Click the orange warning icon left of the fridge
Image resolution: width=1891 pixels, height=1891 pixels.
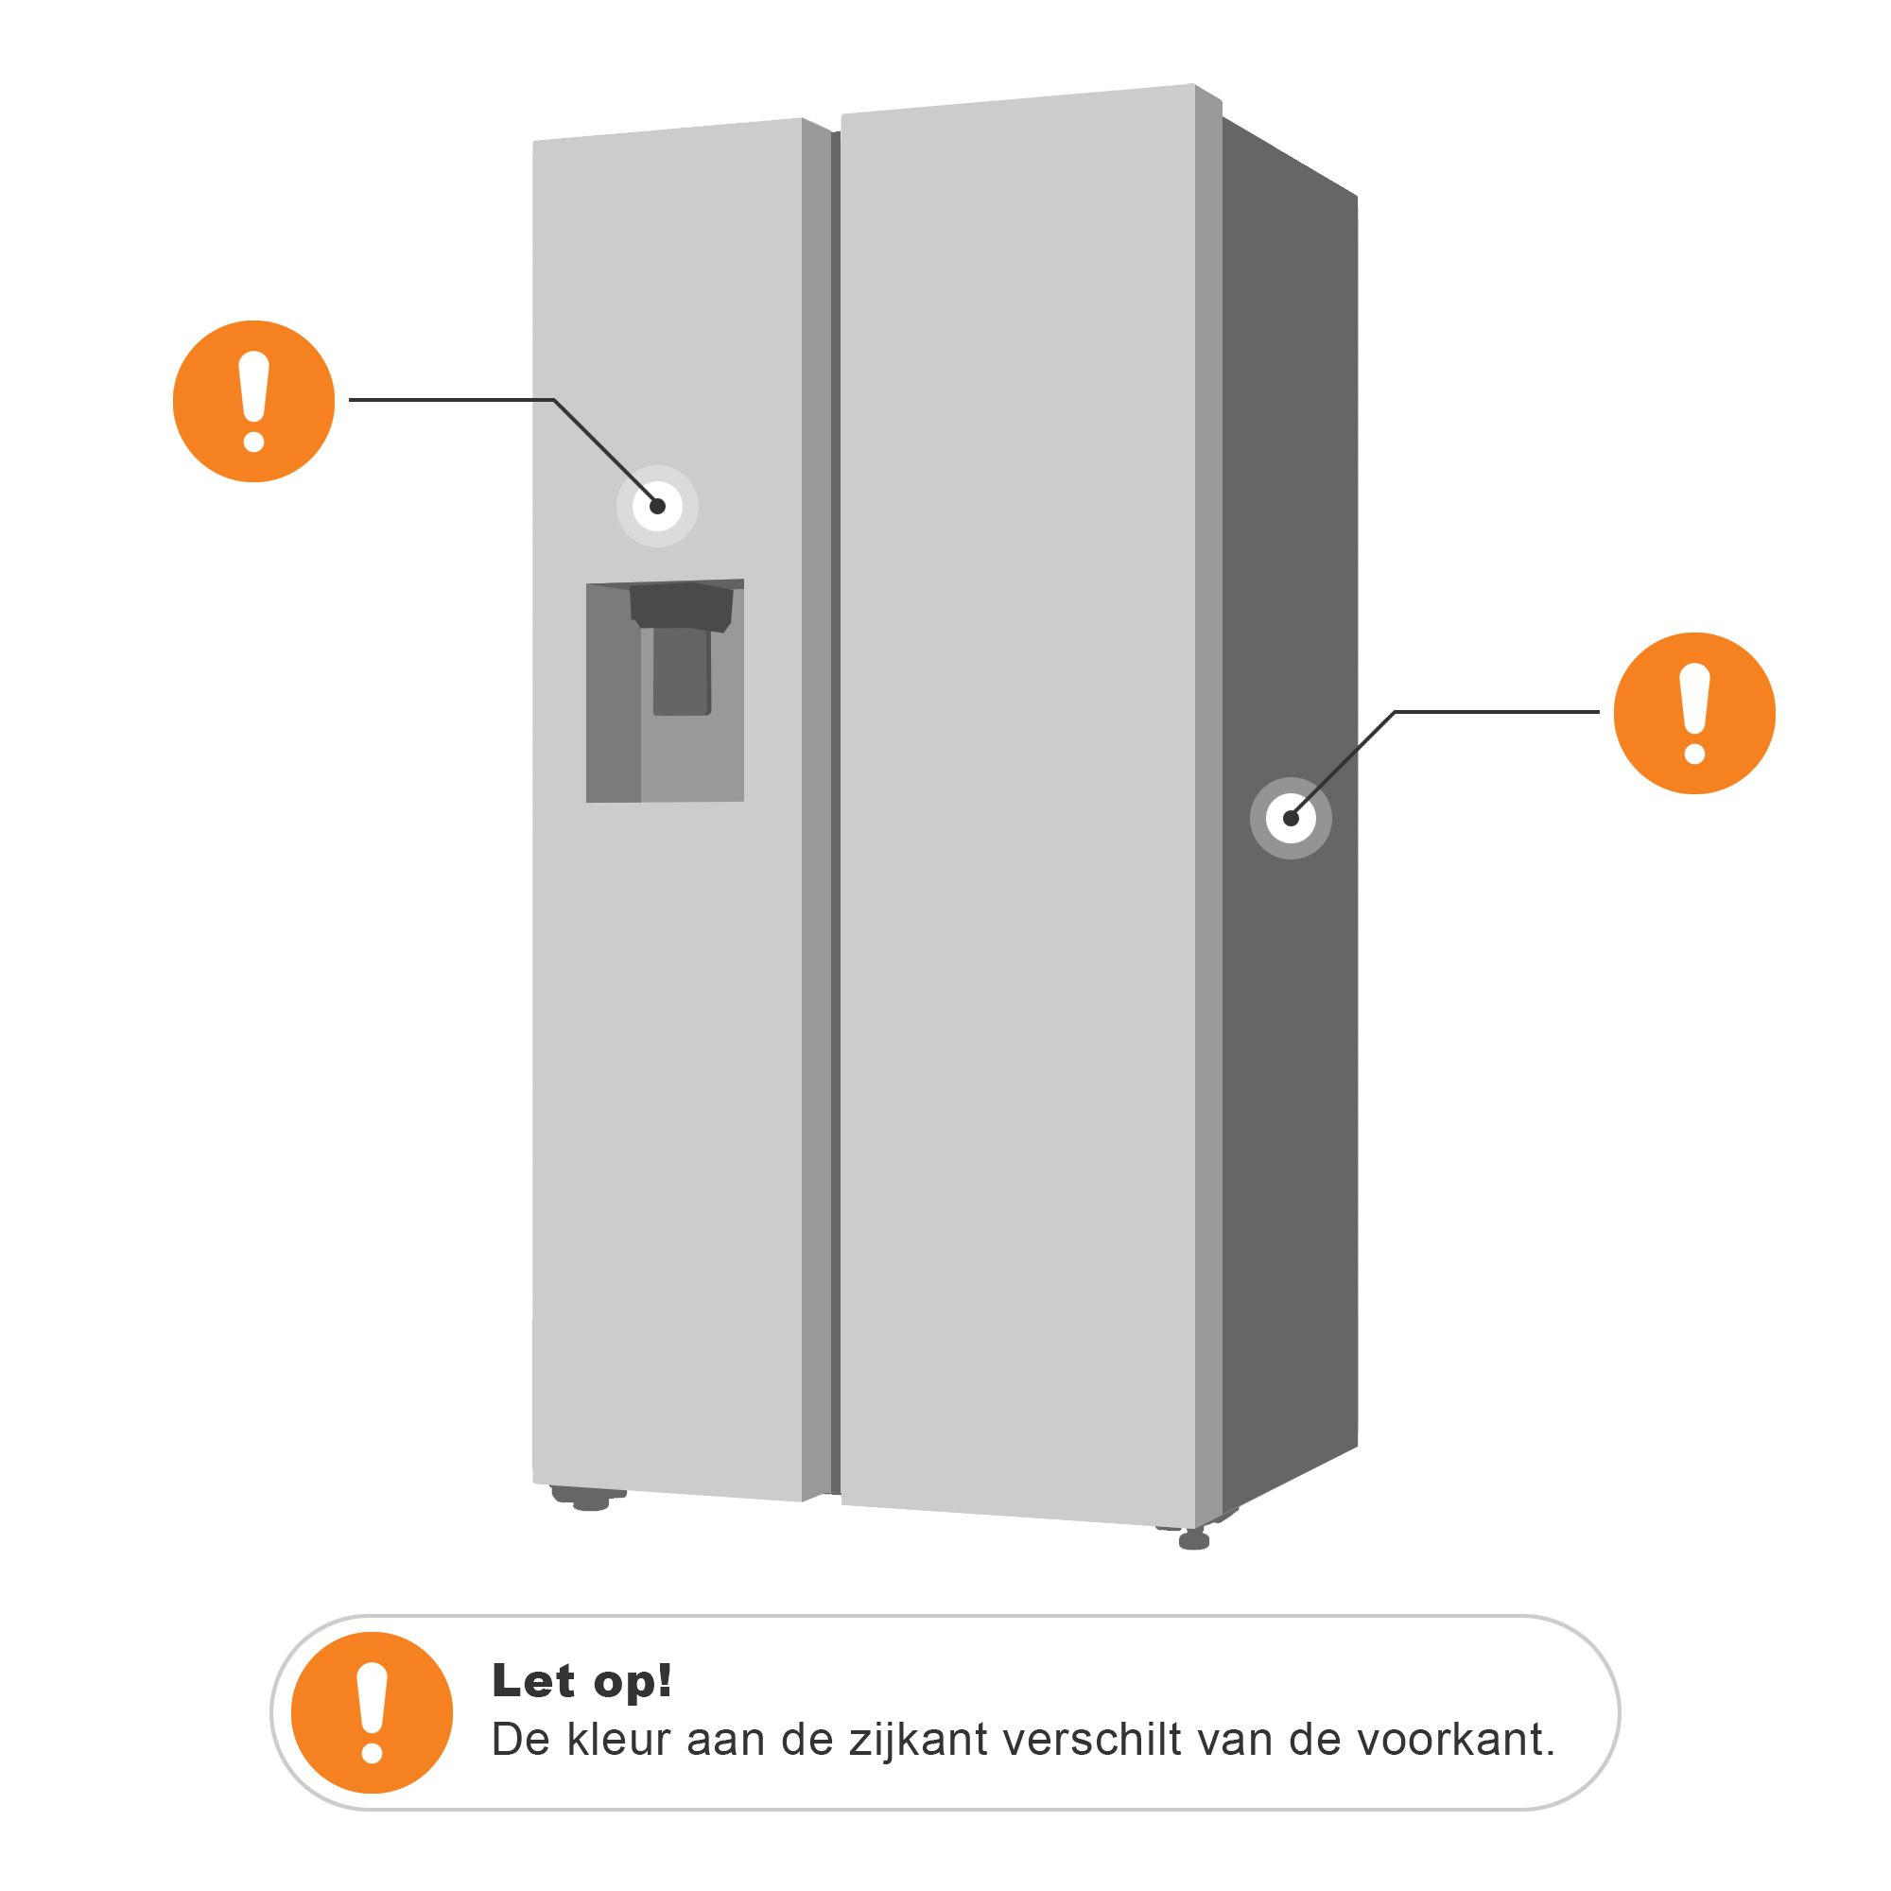point(253,401)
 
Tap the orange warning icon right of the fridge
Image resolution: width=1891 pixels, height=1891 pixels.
point(1694,713)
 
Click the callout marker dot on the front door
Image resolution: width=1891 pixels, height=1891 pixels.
point(658,506)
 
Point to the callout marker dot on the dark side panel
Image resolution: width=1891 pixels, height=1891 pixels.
point(1291,818)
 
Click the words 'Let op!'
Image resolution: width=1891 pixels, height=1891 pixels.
point(581,1680)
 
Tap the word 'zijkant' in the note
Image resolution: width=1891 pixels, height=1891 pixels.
point(918,1741)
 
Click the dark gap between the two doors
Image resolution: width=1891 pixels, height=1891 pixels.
point(835,783)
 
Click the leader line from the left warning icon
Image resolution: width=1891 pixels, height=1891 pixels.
point(450,399)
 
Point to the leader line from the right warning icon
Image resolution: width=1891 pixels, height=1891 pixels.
point(1498,712)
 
